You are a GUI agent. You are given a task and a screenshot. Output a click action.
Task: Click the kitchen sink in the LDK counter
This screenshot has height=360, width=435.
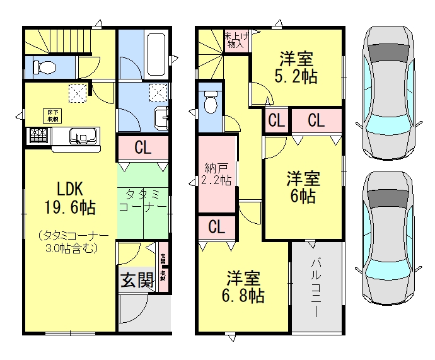[x=83, y=136]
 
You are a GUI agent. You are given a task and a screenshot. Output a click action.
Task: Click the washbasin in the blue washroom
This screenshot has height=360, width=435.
[x=163, y=116]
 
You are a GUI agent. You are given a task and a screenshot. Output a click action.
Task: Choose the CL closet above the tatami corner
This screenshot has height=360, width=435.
[x=143, y=149]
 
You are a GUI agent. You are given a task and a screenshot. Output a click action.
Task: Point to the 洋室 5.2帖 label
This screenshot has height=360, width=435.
[x=298, y=69]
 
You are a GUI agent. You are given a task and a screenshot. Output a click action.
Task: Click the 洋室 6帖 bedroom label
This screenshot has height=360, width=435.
[x=303, y=187]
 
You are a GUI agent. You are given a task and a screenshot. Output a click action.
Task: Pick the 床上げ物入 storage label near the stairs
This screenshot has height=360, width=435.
[x=236, y=40]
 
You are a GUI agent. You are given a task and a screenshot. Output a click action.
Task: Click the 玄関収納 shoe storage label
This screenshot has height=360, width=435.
[x=163, y=267]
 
